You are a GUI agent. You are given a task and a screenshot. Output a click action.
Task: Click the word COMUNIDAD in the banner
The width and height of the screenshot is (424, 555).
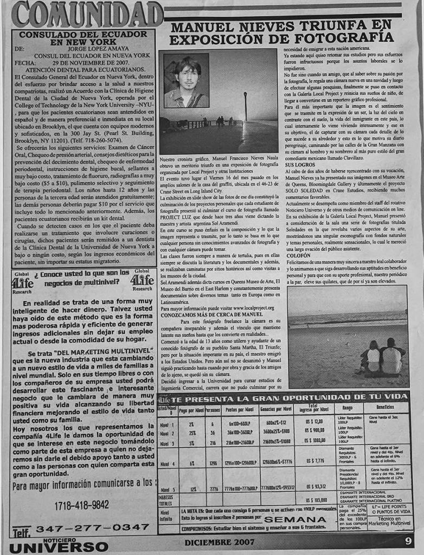click(87, 14)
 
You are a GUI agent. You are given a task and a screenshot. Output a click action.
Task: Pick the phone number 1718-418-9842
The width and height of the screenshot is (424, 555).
click(82, 505)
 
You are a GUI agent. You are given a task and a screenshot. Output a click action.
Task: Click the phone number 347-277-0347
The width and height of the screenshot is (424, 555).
click(93, 527)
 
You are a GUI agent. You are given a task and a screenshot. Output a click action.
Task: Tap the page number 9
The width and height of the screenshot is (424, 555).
click(407, 540)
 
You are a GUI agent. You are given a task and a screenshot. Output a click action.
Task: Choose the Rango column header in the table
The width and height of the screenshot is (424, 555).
click(348, 408)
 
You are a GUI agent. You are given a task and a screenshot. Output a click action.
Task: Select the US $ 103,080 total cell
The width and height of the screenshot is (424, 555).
click(317, 500)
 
